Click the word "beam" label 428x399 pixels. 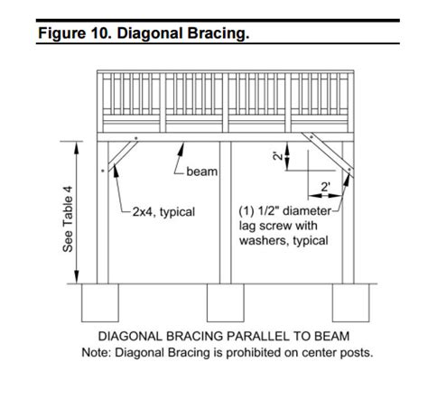click(201, 172)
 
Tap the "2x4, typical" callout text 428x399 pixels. click(163, 212)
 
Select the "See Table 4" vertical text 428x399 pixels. click(68, 219)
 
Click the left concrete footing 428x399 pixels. click(100, 302)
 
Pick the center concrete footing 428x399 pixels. click(226, 302)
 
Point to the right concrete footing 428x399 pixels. click(351, 302)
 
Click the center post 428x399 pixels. click(226, 212)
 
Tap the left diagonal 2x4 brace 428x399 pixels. click(123, 156)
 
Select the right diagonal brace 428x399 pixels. click(328, 154)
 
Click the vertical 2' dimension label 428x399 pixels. click(277, 156)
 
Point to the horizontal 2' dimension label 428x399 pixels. click(325, 187)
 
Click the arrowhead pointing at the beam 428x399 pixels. click(181, 148)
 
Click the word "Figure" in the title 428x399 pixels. click(62, 33)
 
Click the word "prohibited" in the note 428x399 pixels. click(254, 352)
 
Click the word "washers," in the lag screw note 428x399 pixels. click(265, 241)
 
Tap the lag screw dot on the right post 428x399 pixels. click(349, 170)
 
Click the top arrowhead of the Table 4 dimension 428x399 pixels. click(77, 148)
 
